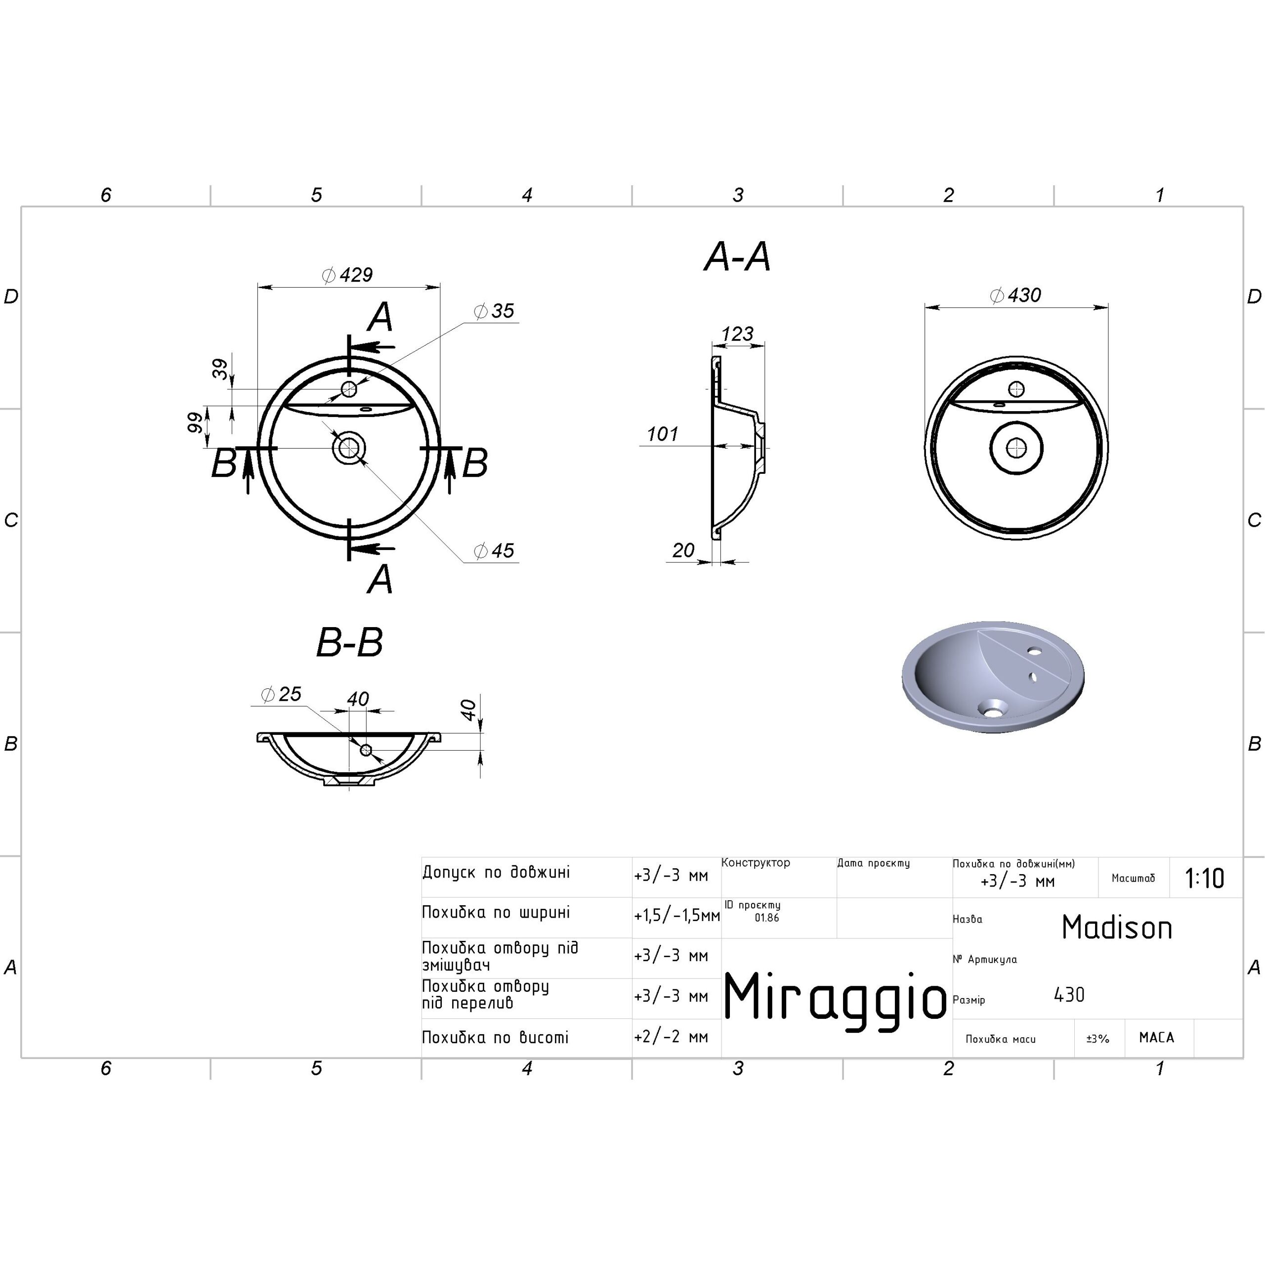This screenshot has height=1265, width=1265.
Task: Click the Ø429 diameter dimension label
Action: coord(348,275)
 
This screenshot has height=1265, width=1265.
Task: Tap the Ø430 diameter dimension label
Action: coord(1015,295)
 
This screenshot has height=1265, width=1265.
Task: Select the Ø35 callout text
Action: coord(494,311)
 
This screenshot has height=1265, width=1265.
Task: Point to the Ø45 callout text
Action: coord(494,550)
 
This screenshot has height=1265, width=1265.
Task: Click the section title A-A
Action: coord(737,256)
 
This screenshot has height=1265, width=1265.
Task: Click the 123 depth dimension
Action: coord(737,334)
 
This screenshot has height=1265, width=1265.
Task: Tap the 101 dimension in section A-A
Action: coord(662,434)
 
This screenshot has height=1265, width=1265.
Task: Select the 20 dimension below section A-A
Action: coord(683,550)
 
